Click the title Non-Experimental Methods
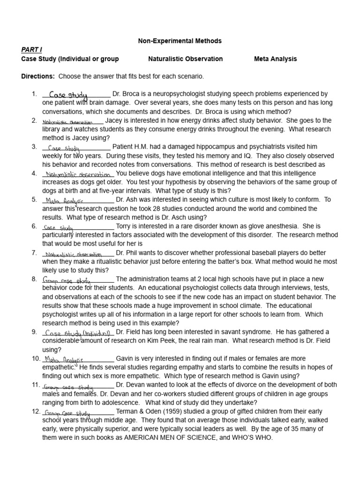click(x=180, y=41)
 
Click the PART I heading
click(x=31, y=50)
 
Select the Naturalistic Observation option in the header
click(x=185, y=59)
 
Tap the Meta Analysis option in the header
click(x=275, y=59)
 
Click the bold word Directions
click(x=38, y=76)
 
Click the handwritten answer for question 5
click(x=64, y=200)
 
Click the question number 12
click(x=36, y=412)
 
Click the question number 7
click(x=34, y=253)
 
